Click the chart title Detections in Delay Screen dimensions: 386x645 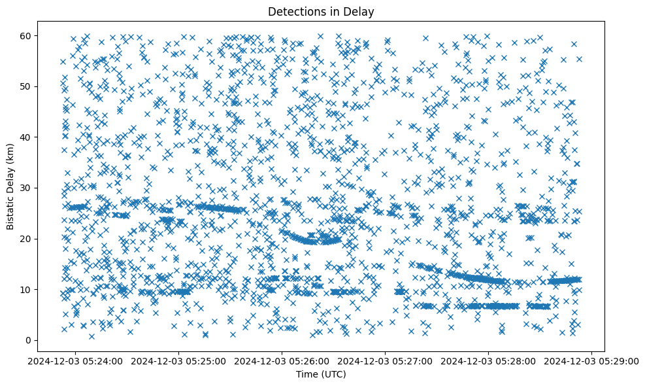(321, 11)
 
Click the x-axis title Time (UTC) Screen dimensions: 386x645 (321, 375)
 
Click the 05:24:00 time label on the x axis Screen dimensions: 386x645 (76, 360)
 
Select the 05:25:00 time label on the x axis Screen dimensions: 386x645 (179, 360)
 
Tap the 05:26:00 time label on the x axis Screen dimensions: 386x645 (282, 360)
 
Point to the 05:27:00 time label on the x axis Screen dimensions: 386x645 (386, 360)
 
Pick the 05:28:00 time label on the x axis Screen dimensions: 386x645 (489, 360)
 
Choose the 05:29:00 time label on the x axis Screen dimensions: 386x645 (592, 360)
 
